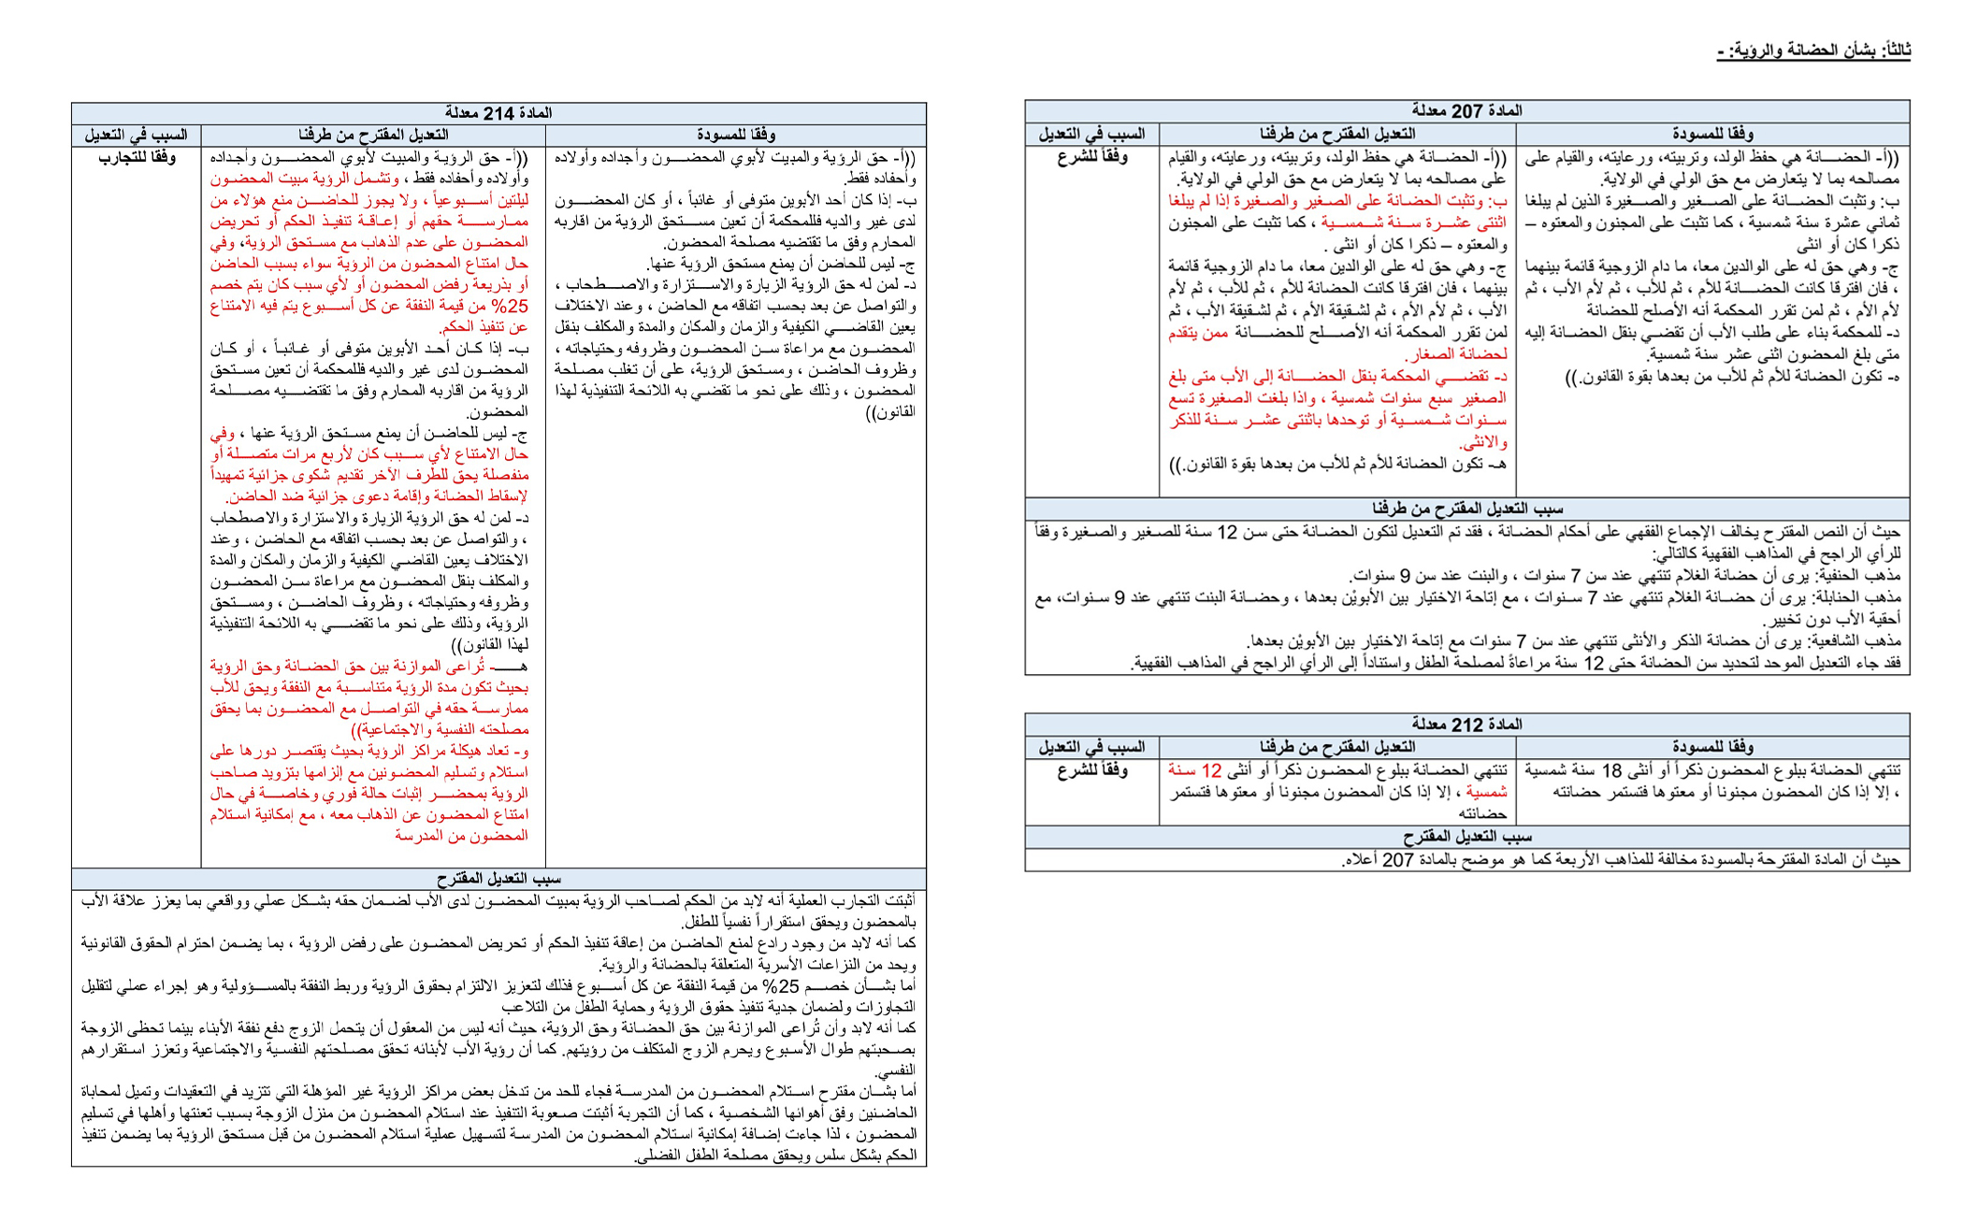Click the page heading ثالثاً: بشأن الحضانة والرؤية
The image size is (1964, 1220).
point(1813,50)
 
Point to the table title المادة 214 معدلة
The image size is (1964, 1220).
point(498,113)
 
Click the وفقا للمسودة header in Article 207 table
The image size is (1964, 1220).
point(1712,134)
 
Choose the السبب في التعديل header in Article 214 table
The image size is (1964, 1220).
point(136,136)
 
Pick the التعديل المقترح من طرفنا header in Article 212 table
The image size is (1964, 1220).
point(1336,747)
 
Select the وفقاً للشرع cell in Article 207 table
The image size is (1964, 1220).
point(1092,157)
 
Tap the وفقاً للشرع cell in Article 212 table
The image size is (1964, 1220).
point(1092,771)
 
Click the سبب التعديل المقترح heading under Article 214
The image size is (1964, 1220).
point(498,879)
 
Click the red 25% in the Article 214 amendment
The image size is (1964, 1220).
point(511,307)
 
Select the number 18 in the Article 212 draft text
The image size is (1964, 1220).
point(1611,771)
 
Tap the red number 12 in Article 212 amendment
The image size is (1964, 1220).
point(1211,771)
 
